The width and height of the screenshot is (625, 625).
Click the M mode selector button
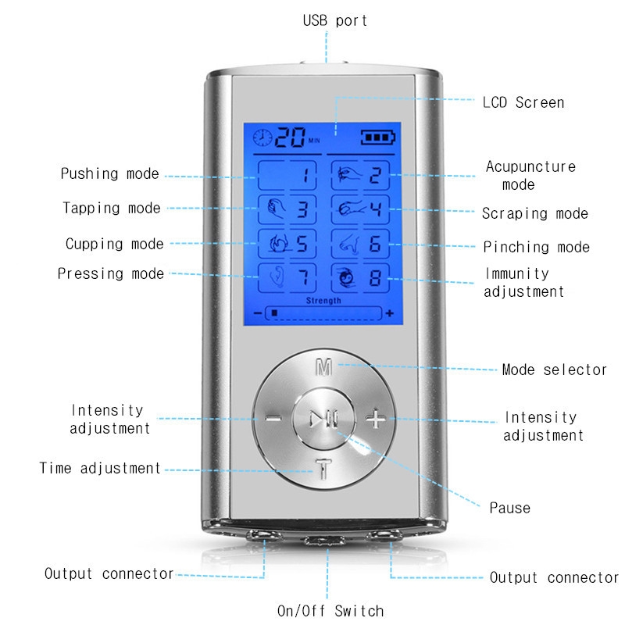[x=322, y=367]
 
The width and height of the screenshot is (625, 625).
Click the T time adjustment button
[x=322, y=471]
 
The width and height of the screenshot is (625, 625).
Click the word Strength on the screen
[x=323, y=301]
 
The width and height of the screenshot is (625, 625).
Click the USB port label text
[x=335, y=20]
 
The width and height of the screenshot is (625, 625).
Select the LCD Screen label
[x=523, y=102]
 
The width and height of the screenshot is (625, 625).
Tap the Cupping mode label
[x=114, y=244]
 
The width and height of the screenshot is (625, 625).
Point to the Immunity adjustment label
[x=523, y=283]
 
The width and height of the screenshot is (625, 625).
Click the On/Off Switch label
[x=330, y=610]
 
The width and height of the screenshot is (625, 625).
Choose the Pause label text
[x=509, y=508]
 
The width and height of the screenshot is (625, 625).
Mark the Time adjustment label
[x=100, y=469]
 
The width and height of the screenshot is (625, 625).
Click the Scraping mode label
[x=534, y=213]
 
